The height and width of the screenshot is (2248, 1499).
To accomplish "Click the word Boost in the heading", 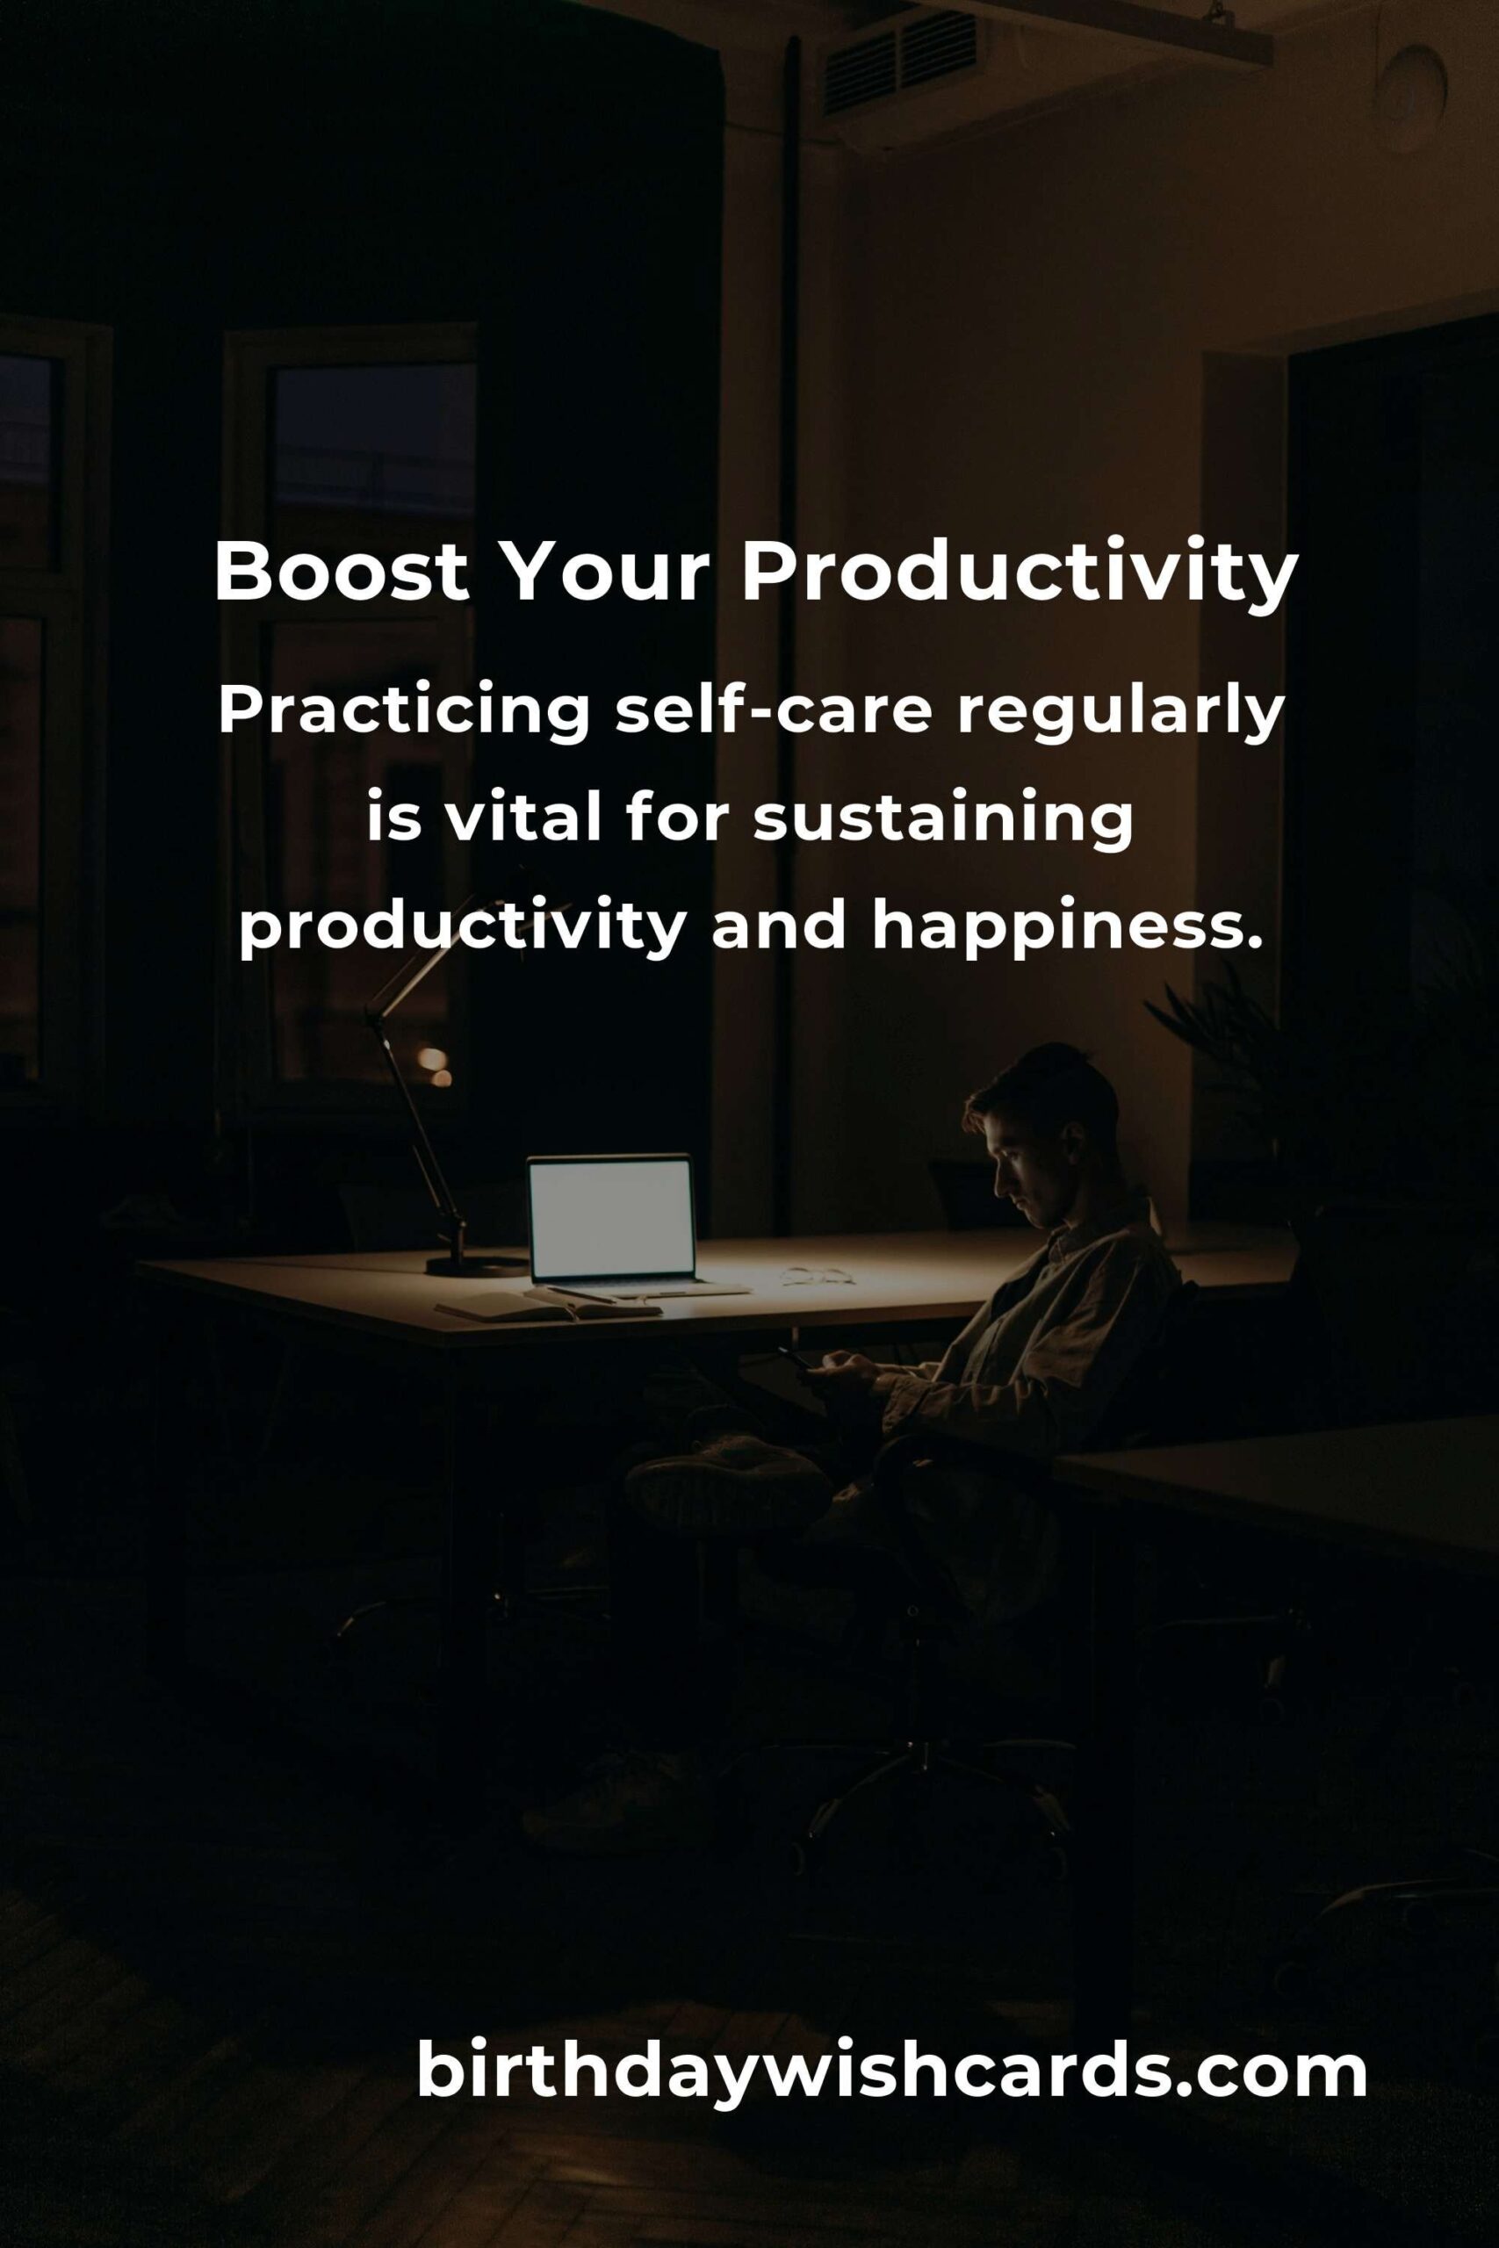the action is click(342, 573).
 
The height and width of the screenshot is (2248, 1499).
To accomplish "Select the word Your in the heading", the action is click(605, 573).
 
